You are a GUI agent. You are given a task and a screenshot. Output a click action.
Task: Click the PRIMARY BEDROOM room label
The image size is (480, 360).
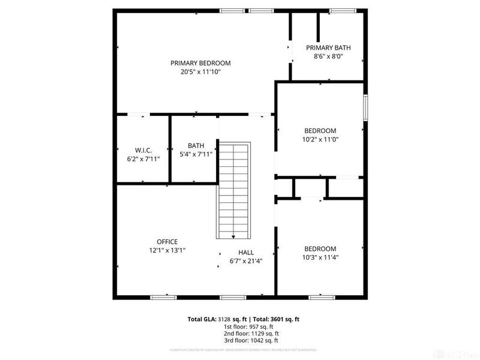coord(200,63)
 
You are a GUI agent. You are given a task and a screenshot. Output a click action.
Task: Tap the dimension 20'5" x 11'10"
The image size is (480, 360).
coord(200,72)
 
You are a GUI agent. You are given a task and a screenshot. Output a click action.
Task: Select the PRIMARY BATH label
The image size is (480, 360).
coord(328,48)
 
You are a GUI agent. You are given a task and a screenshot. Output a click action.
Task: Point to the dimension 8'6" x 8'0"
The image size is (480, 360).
coord(328,57)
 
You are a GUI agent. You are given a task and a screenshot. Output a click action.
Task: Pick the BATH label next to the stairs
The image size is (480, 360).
coord(196,145)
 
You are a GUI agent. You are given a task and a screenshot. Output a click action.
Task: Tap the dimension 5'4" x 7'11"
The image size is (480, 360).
coord(196,154)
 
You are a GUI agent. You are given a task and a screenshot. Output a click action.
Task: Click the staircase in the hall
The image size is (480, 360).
coord(232,189)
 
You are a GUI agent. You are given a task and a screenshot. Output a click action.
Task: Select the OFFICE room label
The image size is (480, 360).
coord(167,242)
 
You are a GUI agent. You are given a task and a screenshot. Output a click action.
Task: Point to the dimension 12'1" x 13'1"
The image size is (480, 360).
coord(167,251)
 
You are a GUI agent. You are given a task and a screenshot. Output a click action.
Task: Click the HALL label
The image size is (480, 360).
coord(246,253)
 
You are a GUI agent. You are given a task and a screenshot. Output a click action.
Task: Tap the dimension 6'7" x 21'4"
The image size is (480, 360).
coord(246,261)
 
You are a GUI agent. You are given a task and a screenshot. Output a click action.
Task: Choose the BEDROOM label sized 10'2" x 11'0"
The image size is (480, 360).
coord(320,130)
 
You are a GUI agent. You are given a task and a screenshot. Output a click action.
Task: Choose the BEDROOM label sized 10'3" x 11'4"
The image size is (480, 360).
coord(320,248)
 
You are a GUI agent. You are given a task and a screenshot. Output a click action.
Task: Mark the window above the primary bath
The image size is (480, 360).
coord(341,10)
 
